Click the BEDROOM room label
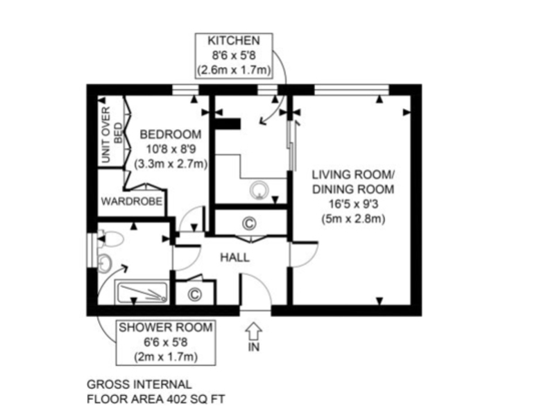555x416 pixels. point(171,135)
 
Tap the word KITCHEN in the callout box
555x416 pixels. point(234,41)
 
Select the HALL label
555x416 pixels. point(234,257)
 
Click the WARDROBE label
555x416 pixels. point(132,201)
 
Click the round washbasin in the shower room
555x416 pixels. point(105,263)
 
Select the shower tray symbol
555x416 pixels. point(142,293)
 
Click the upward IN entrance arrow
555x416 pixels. point(254,332)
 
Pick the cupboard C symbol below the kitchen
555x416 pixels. point(249,223)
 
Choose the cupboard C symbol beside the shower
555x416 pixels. point(195,293)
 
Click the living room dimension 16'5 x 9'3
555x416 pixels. point(353,205)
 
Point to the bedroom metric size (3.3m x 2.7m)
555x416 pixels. point(171,164)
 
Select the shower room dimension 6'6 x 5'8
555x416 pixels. point(166,343)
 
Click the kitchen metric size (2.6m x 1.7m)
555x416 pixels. point(234,70)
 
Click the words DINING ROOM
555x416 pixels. point(353,189)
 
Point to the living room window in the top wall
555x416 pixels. point(352,90)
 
